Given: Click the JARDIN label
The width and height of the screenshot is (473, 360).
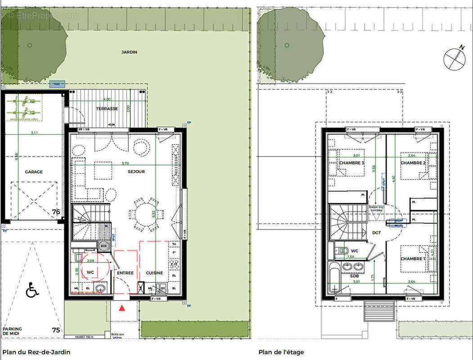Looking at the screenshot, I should click(x=129, y=52).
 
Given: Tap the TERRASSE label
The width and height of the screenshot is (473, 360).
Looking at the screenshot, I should click(x=107, y=109).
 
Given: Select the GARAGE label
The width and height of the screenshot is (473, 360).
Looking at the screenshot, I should click(x=34, y=172).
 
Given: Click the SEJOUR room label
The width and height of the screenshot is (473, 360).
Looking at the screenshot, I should click(x=136, y=171).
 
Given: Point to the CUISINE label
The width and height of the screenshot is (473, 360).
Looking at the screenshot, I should click(x=154, y=273).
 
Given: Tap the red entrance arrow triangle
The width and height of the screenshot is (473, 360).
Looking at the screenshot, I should click(x=122, y=308).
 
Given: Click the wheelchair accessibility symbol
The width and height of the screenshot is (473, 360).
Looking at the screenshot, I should click(x=32, y=290).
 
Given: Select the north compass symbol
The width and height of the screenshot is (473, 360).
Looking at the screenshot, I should click(x=455, y=58).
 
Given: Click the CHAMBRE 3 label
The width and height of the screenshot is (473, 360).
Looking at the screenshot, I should click(x=351, y=162).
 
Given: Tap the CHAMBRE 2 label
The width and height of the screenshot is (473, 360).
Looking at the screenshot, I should click(x=413, y=162).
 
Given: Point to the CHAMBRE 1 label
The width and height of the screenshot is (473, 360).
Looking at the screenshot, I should click(x=413, y=259).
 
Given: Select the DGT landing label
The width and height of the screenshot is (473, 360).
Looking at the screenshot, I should click(x=376, y=233).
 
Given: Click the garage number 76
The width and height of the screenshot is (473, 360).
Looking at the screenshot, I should click(x=56, y=212).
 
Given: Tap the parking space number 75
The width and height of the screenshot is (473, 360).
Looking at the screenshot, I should click(x=56, y=330).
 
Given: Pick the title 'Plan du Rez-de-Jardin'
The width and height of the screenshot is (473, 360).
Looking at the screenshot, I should click(x=36, y=352).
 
